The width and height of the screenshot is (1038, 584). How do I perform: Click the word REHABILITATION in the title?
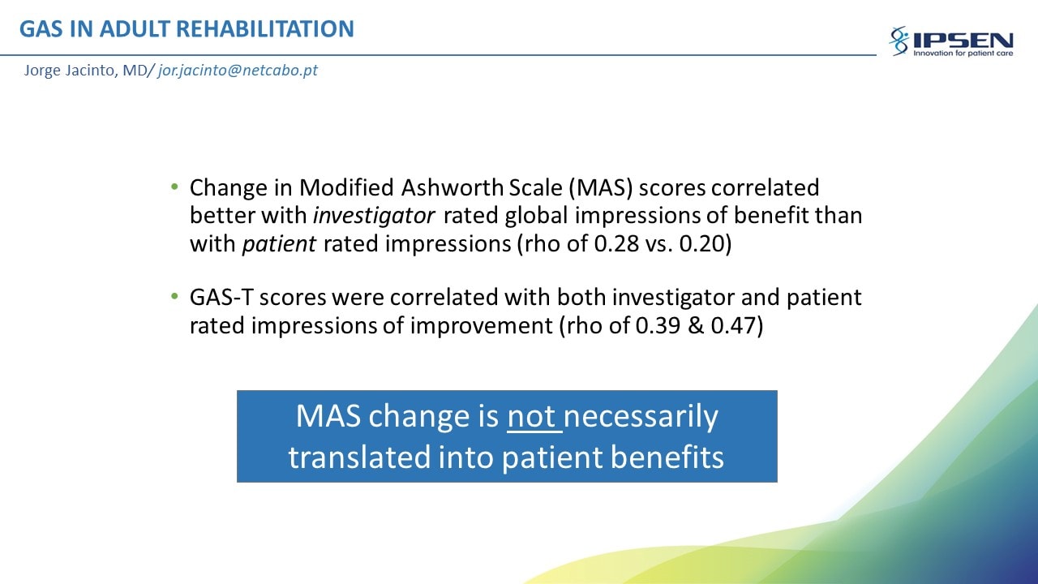pyautogui.click(x=265, y=28)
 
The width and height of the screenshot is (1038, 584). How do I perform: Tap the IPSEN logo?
pyautogui.click(x=951, y=41)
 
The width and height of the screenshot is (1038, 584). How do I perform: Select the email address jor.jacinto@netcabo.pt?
pyautogui.click(x=238, y=71)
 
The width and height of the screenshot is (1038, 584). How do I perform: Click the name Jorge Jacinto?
pyautogui.click(x=70, y=71)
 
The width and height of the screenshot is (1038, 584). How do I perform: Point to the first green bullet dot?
pyautogui.click(x=174, y=187)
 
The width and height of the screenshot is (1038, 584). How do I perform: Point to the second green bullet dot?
pyautogui.click(x=174, y=296)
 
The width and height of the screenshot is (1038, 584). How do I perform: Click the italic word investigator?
pyautogui.click(x=374, y=216)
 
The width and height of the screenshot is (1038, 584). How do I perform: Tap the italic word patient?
pyautogui.click(x=279, y=244)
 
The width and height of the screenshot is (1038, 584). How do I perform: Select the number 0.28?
pyautogui.click(x=616, y=244)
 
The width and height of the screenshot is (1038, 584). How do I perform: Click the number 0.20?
pyautogui.click(x=702, y=244)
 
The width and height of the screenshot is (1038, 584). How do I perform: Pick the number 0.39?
pyautogui.click(x=658, y=325)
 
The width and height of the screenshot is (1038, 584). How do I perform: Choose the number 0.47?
pyautogui.click(x=734, y=325)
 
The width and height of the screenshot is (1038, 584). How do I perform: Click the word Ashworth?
pyautogui.click(x=453, y=187)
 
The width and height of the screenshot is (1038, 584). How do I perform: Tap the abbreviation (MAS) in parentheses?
pyautogui.click(x=601, y=188)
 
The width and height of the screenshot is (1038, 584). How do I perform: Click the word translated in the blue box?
pyautogui.click(x=359, y=457)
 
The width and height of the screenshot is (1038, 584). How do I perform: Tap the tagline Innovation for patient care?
pyautogui.click(x=963, y=54)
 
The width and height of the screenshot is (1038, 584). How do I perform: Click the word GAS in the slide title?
pyautogui.click(x=41, y=28)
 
